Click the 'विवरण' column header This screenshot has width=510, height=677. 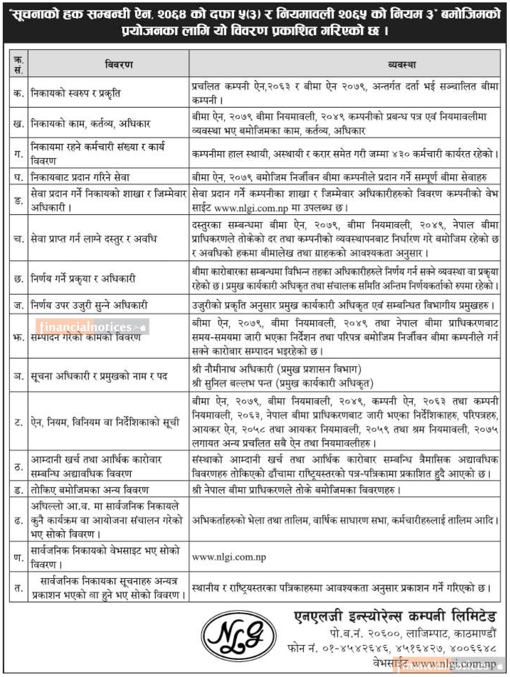pos(119,65)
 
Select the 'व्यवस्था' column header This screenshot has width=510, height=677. pos(402,65)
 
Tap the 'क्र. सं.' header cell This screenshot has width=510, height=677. pos(18,65)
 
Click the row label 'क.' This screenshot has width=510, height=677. pos(18,93)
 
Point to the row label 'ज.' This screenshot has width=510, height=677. pos(18,305)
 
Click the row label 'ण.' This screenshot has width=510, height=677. pos(18,557)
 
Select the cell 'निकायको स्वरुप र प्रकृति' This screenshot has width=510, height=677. pos(76,93)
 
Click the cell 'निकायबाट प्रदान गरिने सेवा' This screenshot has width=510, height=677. pos(80,177)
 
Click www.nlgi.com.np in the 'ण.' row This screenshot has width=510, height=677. pos(229,557)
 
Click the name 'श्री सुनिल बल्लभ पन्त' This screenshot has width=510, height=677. pos(234,383)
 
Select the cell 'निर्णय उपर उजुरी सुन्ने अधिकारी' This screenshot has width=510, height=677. pos(89,305)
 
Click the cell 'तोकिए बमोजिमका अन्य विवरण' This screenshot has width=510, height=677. pos(90,490)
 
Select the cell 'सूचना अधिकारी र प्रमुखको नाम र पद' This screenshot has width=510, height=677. pos(99,376)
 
